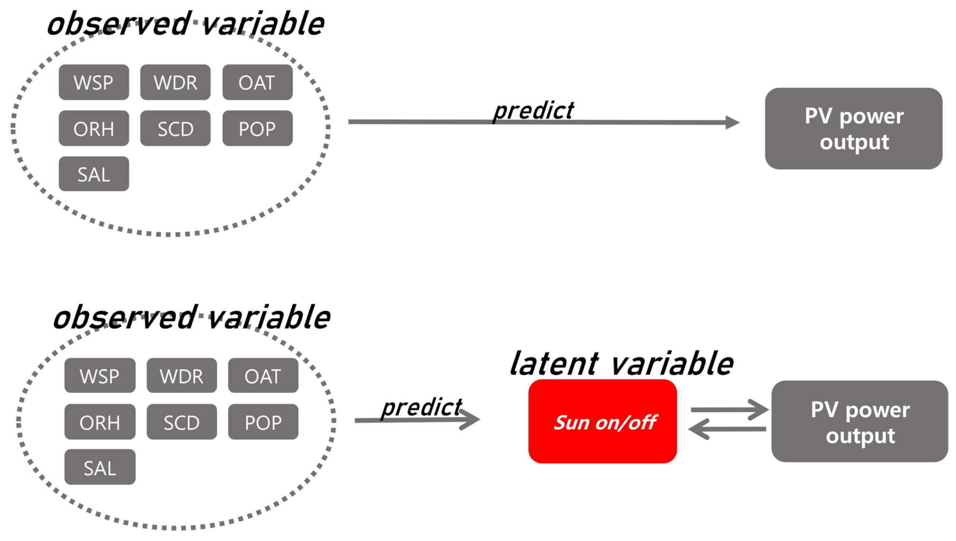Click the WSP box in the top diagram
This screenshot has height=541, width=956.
click(x=94, y=82)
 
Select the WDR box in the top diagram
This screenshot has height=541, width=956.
click(x=175, y=82)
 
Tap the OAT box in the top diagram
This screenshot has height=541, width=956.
click(x=257, y=82)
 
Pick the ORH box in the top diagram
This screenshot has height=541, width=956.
click(x=94, y=128)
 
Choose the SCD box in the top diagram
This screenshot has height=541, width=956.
click(x=175, y=128)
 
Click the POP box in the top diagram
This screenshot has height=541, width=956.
click(x=257, y=128)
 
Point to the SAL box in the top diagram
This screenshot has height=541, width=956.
click(x=94, y=174)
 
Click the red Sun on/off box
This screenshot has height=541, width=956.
click(x=602, y=421)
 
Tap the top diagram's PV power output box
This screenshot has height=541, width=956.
click(x=853, y=128)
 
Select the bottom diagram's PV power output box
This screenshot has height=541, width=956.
click(x=860, y=421)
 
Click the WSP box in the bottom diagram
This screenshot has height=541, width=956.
click(x=100, y=376)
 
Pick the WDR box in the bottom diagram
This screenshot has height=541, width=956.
click(x=181, y=376)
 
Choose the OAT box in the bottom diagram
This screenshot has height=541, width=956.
click(x=263, y=376)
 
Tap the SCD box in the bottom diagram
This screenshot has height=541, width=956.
click(x=181, y=422)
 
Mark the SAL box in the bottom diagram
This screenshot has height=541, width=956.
click(x=100, y=467)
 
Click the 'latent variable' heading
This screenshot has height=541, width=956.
click(x=621, y=364)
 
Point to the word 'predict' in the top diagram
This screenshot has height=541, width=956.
click(x=533, y=111)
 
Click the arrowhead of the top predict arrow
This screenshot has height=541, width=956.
click(x=733, y=123)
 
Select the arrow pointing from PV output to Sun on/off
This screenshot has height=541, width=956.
click(x=727, y=429)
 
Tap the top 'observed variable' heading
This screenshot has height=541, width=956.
click(x=185, y=24)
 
